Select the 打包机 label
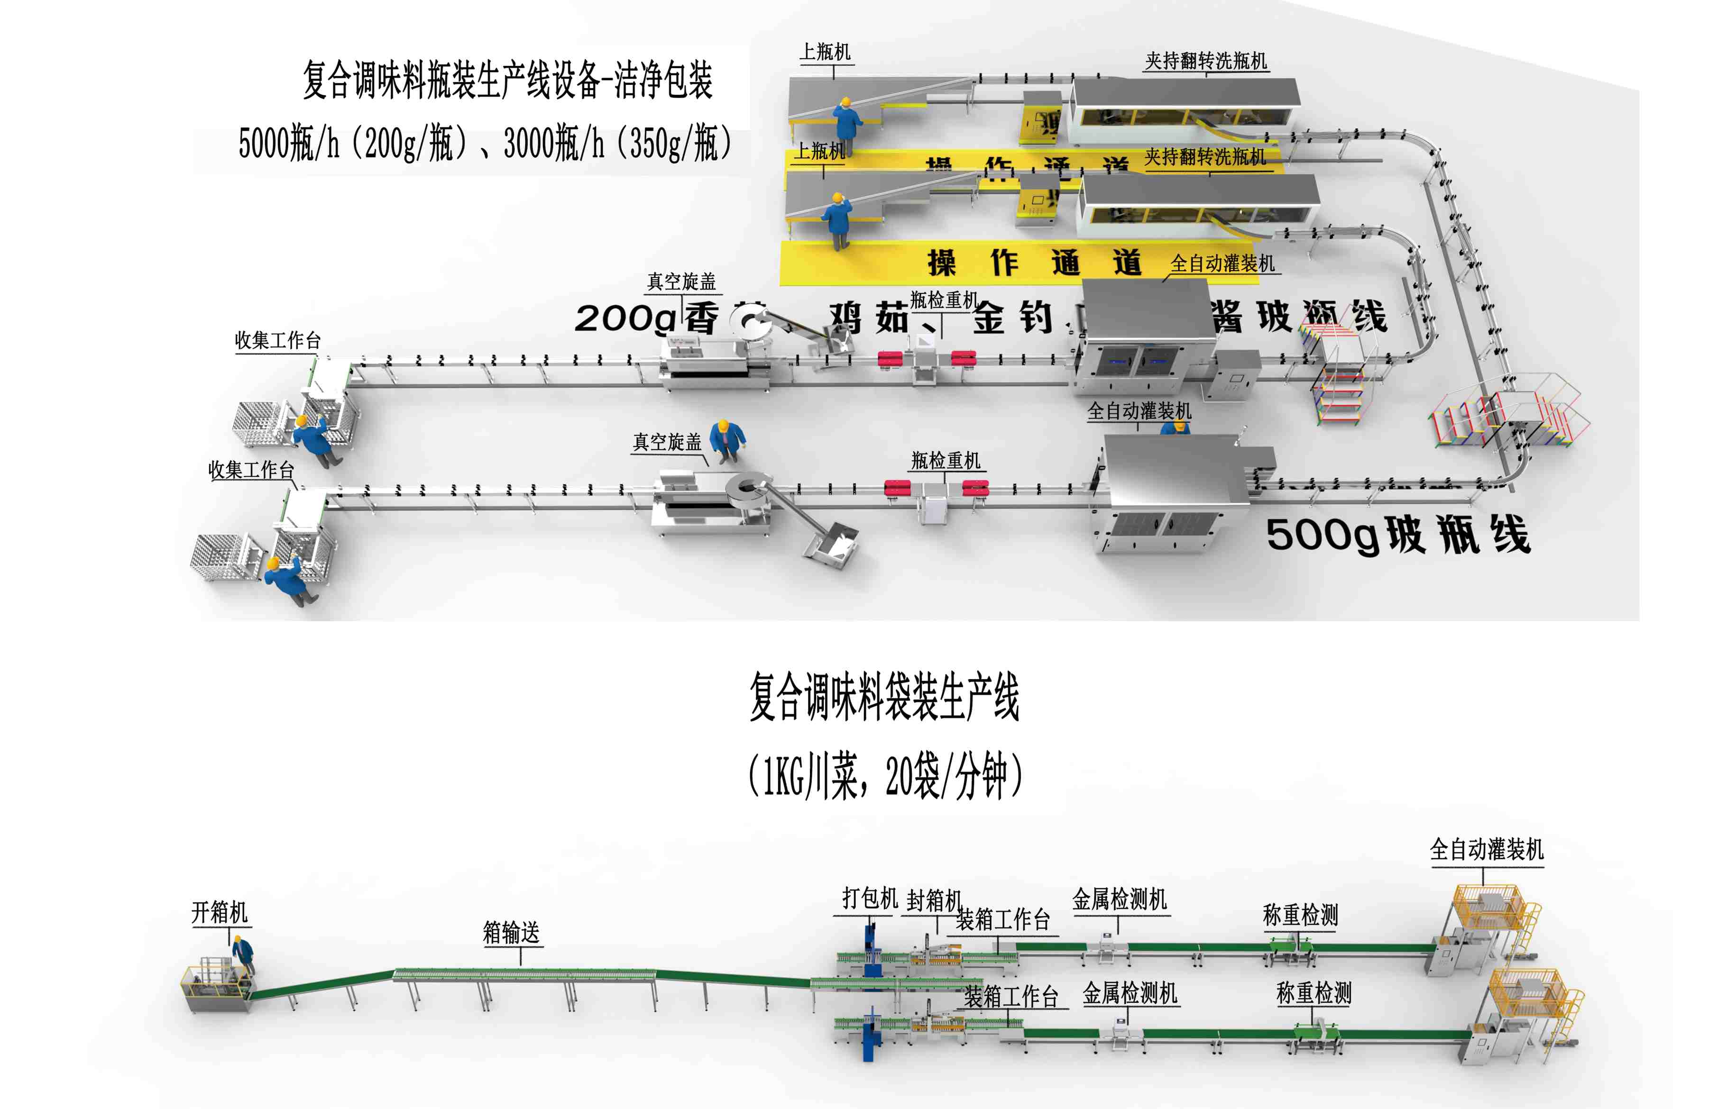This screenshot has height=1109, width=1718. [x=870, y=899]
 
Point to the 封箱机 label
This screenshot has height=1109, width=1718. [x=934, y=900]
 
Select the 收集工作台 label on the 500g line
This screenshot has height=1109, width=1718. [x=251, y=470]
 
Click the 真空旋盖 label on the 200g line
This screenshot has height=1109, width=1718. [x=681, y=282]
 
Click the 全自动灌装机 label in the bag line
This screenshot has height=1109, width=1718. [x=1486, y=850]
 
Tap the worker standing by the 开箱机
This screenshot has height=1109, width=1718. [x=243, y=954]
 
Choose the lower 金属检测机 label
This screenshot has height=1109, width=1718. [x=1130, y=994]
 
